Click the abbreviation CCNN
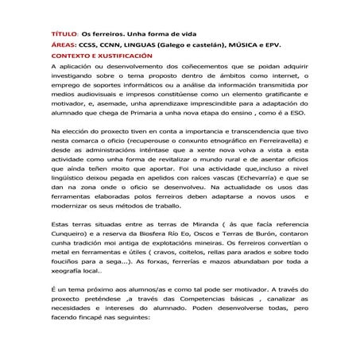103,47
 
